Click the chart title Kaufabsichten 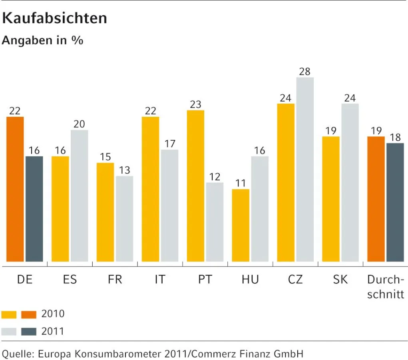pos(55,18)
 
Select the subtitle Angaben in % pos(43,40)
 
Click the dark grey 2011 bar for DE pos(34,209)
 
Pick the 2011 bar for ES pos(80,196)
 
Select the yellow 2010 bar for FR pos(105,212)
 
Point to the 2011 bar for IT pos(169,206)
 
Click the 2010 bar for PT pos(195,186)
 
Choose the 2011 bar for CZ pos(305,170)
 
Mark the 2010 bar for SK pos(331,199)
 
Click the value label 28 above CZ pos(305,72)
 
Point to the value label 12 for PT pos(215,176)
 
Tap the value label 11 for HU pos(241,183)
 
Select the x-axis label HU pos(250,279)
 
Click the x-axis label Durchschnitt pos(386,287)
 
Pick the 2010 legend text pos(53,314)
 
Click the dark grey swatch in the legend pos(28,331)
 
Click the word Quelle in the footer pos(16,354)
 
